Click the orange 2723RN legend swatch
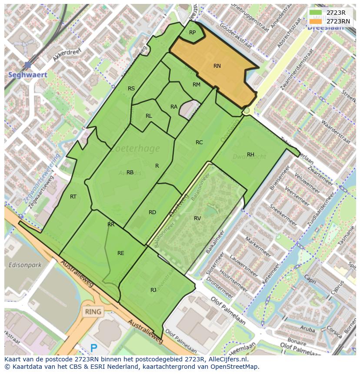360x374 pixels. coord(316,21)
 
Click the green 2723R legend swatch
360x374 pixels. coord(316,13)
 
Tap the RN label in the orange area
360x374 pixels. coord(217,66)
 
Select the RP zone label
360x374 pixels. coord(192,33)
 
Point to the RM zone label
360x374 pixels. coord(197,85)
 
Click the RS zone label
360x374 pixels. coord(131,89)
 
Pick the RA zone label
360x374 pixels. coord(174,107)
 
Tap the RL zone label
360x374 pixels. coord(149,116)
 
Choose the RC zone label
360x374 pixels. coord(199,142)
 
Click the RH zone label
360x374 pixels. coord(250,155)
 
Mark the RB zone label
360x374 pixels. coord(130,172)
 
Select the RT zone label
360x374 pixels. coord(73,197)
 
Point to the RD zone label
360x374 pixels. coord(152,212)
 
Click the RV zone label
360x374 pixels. coord(197,218)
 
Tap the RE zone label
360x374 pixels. coord(121,253)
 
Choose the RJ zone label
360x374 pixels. coord(153,290)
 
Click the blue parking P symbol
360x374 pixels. coord(93,348)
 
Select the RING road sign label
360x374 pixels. coord(93,311)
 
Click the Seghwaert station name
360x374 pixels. coord(28,75)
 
